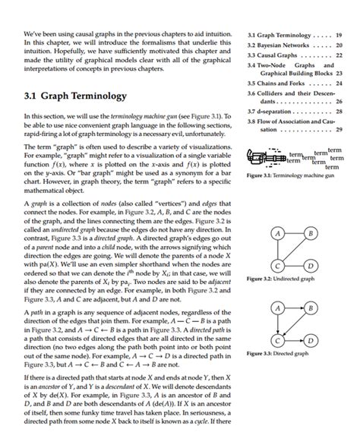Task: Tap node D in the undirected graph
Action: (x=309, y=266)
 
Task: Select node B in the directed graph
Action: (x=309, y=308)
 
